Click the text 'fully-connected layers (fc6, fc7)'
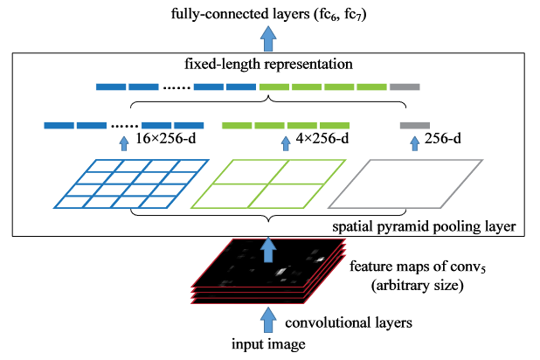click(x=270, y=11)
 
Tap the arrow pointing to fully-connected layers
click(x=270, y=38)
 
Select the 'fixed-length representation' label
click(x=270, y=65)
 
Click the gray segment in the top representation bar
click(x=405, y=87)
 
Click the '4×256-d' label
click(x=323, y=139)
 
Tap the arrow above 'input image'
click(x=270, y=319)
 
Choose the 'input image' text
click(x=270, y=346)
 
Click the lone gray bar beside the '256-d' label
click(x=413, y=125)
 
